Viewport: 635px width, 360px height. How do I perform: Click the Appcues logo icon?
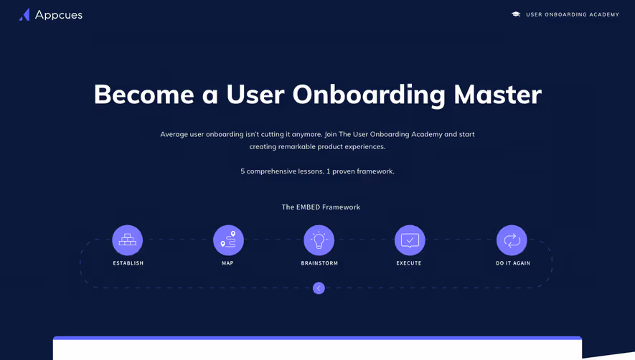coord(24,14)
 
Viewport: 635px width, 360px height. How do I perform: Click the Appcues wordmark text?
coord(59,15)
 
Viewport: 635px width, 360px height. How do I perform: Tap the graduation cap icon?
coord(516,14)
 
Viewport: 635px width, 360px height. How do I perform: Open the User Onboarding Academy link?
coord(572,14)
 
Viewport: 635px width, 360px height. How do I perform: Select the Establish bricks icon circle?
coord(128,240)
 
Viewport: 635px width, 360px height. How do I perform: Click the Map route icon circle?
coord(228,240)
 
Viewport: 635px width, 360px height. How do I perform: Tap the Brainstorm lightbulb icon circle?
coord(319,240)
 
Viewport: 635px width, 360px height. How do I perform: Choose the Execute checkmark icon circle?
coord(410,240)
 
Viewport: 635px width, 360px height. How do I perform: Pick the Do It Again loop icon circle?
coord(512,240)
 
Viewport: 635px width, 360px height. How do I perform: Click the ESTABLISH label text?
coord(128,263)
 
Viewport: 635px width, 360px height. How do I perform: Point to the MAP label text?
coord(228,263)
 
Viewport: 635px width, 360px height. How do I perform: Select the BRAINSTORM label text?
coord(319,263)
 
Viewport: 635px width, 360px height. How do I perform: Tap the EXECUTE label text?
coord(409,263)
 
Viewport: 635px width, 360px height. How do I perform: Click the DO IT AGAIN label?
coord(513,263)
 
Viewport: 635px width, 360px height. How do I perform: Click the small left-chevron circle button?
coord(319,288)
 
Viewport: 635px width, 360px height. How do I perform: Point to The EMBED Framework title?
coord(321,207)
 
